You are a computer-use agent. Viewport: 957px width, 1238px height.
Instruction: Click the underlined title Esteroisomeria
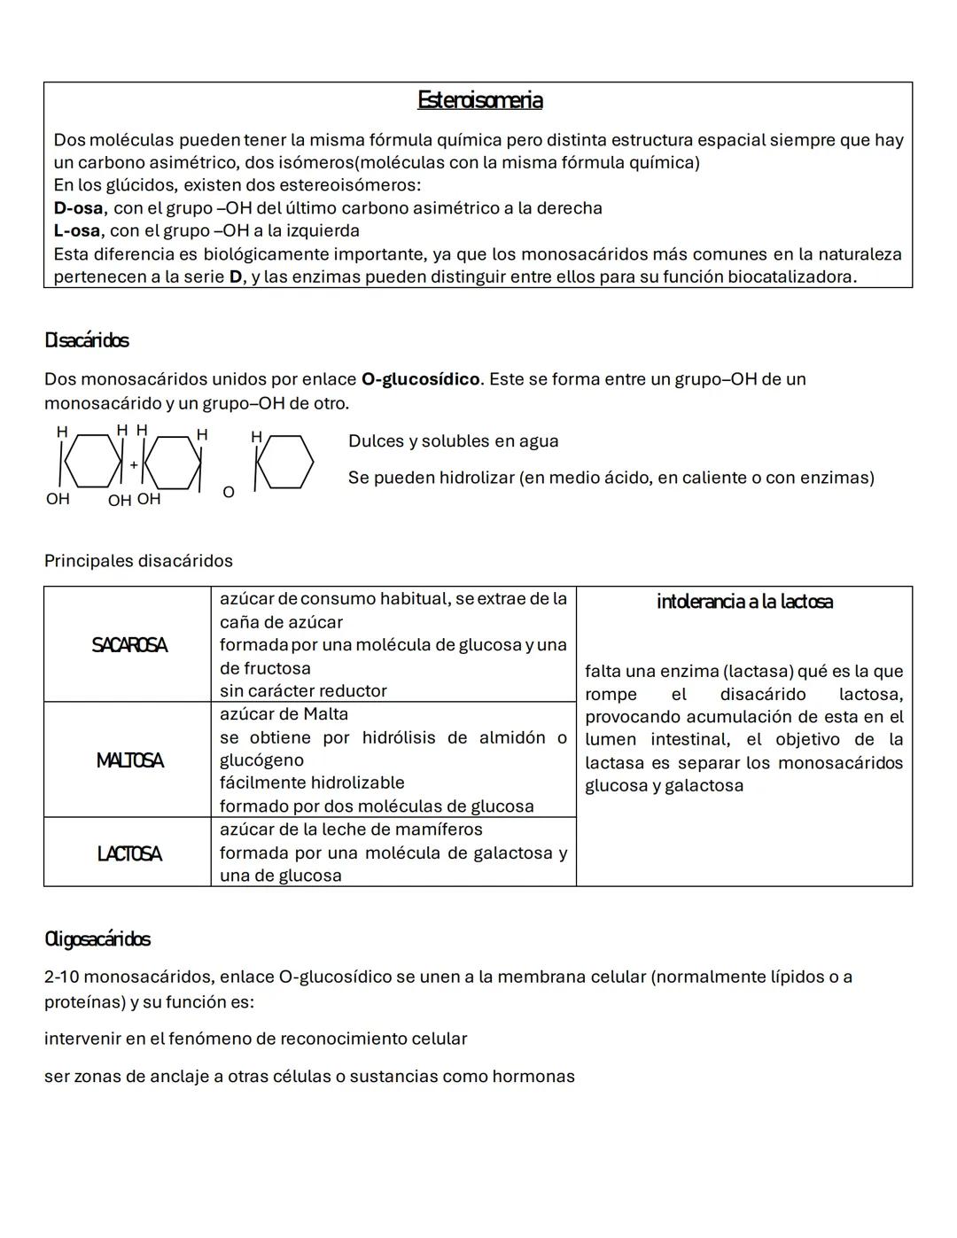[x=479, y=100]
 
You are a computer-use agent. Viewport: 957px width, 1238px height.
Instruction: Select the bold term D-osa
[x=78, y=208]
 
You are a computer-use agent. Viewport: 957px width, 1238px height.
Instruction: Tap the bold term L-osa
[x=76, y=231]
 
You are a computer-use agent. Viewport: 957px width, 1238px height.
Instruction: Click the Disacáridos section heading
[x=87, y=340]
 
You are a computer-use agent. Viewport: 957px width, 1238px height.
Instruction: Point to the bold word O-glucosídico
[x=420, y=379]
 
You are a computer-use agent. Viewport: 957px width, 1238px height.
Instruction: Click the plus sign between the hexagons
[x=134, y=464]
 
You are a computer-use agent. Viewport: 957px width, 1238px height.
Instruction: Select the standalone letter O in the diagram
[x=229, y=492]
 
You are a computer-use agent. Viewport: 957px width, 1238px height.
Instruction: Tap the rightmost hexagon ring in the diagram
[x=284, y=462]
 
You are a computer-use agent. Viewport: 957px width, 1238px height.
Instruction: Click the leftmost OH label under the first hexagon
[x=58, y=499]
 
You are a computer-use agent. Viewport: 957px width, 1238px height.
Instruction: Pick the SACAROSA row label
[x=128, y=645]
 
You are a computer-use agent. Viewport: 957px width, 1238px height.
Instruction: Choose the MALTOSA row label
[x=129, y=760]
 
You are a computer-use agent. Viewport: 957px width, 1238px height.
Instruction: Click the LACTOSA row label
[x=129, y=853]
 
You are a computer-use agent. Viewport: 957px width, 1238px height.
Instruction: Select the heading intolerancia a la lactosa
[x=744, y=602]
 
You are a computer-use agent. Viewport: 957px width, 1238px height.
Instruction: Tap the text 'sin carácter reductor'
[x=303, y=691]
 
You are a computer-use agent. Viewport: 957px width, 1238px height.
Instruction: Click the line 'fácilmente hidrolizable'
[x=312, y=783]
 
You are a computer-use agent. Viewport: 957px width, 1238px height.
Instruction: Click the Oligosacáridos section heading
[x=97, y=939]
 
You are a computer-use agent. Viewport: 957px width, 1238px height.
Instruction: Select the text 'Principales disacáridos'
[x=138, y=561]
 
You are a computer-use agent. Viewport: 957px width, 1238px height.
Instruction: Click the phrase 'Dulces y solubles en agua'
[x=453, y=441]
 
